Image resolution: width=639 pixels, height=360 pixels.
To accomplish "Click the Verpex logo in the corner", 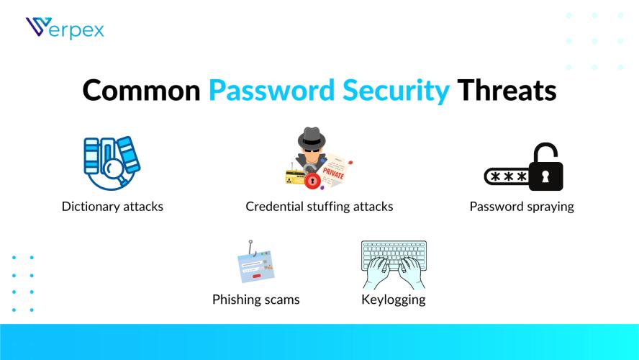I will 65,29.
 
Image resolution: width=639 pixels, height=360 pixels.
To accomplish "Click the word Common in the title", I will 141,91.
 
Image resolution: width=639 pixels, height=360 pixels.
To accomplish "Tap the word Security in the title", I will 389,91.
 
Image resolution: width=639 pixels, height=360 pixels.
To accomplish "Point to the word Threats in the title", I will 507,91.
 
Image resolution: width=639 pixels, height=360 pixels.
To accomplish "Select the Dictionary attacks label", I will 112,207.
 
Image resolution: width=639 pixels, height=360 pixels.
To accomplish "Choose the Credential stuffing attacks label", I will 319,207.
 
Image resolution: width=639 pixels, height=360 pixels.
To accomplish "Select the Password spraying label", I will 522,207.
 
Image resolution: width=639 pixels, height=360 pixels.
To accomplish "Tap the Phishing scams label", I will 255,300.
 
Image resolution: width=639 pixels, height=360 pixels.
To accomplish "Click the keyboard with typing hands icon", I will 394,264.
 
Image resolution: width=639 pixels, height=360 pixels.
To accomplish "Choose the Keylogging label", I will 394,300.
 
